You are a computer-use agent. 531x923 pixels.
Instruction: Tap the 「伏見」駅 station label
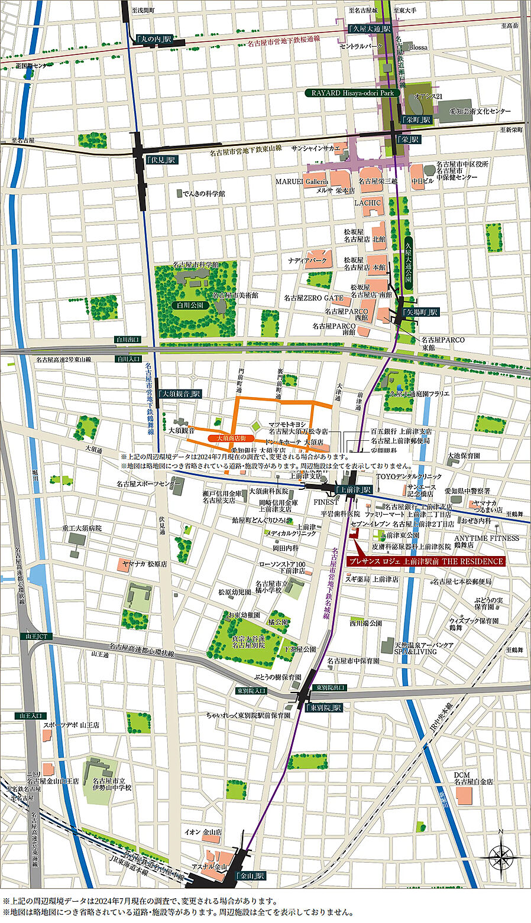(162, 160)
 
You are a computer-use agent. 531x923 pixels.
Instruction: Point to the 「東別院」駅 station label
(324, 707)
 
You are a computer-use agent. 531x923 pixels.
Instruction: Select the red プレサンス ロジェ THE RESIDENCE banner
(425, 561)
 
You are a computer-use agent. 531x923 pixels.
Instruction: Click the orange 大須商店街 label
(231, 438)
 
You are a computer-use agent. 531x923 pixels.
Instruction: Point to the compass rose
(500, 854)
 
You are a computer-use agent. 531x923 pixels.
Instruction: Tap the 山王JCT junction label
(36, 636)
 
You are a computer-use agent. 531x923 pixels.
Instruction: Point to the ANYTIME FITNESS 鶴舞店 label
(487, 541)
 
